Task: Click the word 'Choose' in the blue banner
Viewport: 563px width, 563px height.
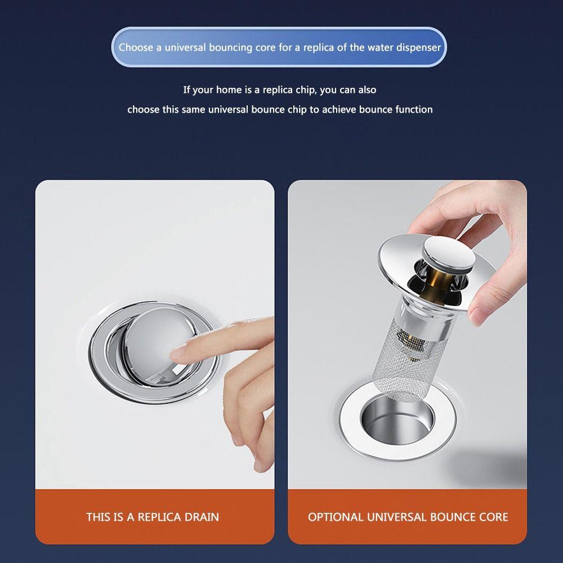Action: (136, 47)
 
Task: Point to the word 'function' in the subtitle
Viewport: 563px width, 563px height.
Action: (414, 109)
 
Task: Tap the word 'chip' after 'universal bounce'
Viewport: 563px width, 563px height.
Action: (296, 109)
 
